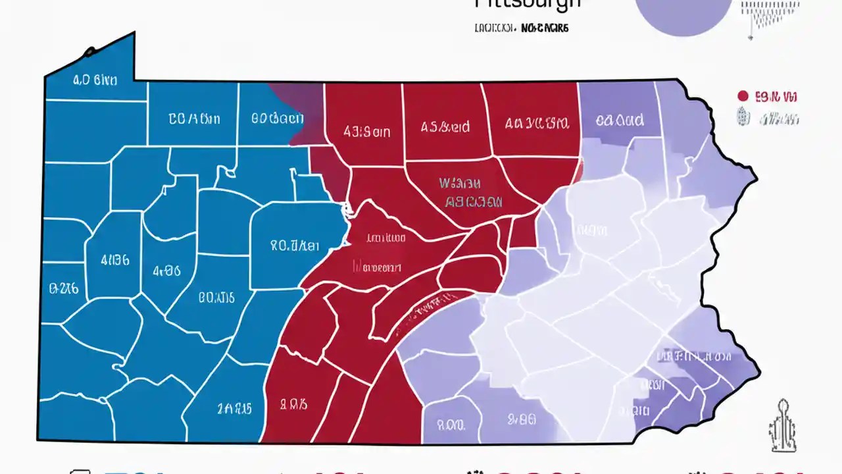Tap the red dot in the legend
click(743, 96)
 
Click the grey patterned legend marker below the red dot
click(742, 118)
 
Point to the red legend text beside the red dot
click(776, 97)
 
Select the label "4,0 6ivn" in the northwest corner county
click(95, 80)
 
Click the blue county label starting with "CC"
click(194, 119)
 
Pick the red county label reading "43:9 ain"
click(366, 132)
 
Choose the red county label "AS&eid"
click(445, 126)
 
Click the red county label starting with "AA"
click(537, 122)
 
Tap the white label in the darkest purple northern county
click(619, 120)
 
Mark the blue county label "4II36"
click(115, 259)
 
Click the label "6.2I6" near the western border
click(64, 288)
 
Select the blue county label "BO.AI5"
click(216, 297)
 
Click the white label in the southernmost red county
click(294, 404)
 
